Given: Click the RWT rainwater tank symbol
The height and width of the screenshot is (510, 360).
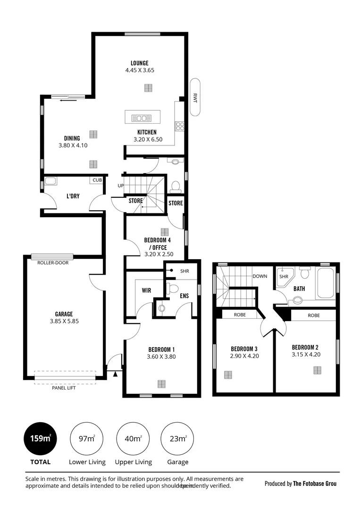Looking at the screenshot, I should (x=195, y=98).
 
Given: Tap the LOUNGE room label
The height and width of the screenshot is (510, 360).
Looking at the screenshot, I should (x=140, y=63).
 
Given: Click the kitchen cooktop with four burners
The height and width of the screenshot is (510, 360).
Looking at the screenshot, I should (x=179, y=126).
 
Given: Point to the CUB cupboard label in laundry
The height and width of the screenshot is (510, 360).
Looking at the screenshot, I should (x=97, y=180).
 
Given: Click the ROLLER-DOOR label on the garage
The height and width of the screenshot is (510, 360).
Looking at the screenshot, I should (x=53, y=263).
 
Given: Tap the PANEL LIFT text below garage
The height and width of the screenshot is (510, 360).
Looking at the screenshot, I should (x=64, y=388).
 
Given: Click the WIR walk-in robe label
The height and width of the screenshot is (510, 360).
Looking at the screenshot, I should (x=146, y=290).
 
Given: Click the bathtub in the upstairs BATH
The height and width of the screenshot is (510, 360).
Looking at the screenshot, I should (x=326, y=283).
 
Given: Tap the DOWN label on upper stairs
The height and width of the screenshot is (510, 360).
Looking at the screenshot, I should (x=260, y=276).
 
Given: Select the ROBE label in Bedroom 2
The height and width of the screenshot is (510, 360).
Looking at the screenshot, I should (x=314, y=315).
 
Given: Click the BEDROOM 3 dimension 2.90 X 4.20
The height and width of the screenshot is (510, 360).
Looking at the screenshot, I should (x=244, y=356).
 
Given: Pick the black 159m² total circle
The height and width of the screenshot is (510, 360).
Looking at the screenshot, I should (x=40, y=439).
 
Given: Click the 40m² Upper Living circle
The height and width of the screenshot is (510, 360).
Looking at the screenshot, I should (x=133, y=439).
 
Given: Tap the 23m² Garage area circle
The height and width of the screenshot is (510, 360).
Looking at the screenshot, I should (x=177, y=439).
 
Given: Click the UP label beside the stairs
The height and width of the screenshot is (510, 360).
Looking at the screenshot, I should (x=120, y=186).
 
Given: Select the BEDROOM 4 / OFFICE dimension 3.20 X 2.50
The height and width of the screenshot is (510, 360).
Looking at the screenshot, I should (x=159, y=254).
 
